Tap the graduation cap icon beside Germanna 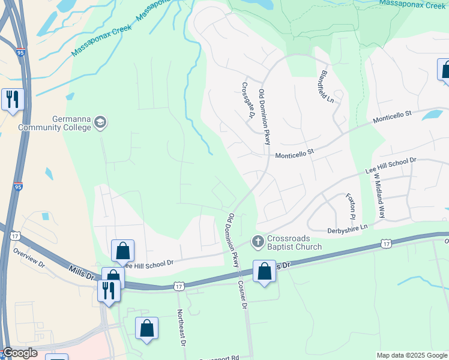coord(100,123)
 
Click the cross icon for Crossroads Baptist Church coord(258,241)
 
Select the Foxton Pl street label coord(351,206)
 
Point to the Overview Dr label coord(29,258)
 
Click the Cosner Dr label coord(243,295)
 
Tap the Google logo coord(19,353)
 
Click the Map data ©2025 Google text coord(412,355)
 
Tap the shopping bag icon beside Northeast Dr coord(146,328)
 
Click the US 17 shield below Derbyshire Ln coord(385,244)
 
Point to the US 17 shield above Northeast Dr coord(178,287)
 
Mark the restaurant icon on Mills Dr coord(109,291)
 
